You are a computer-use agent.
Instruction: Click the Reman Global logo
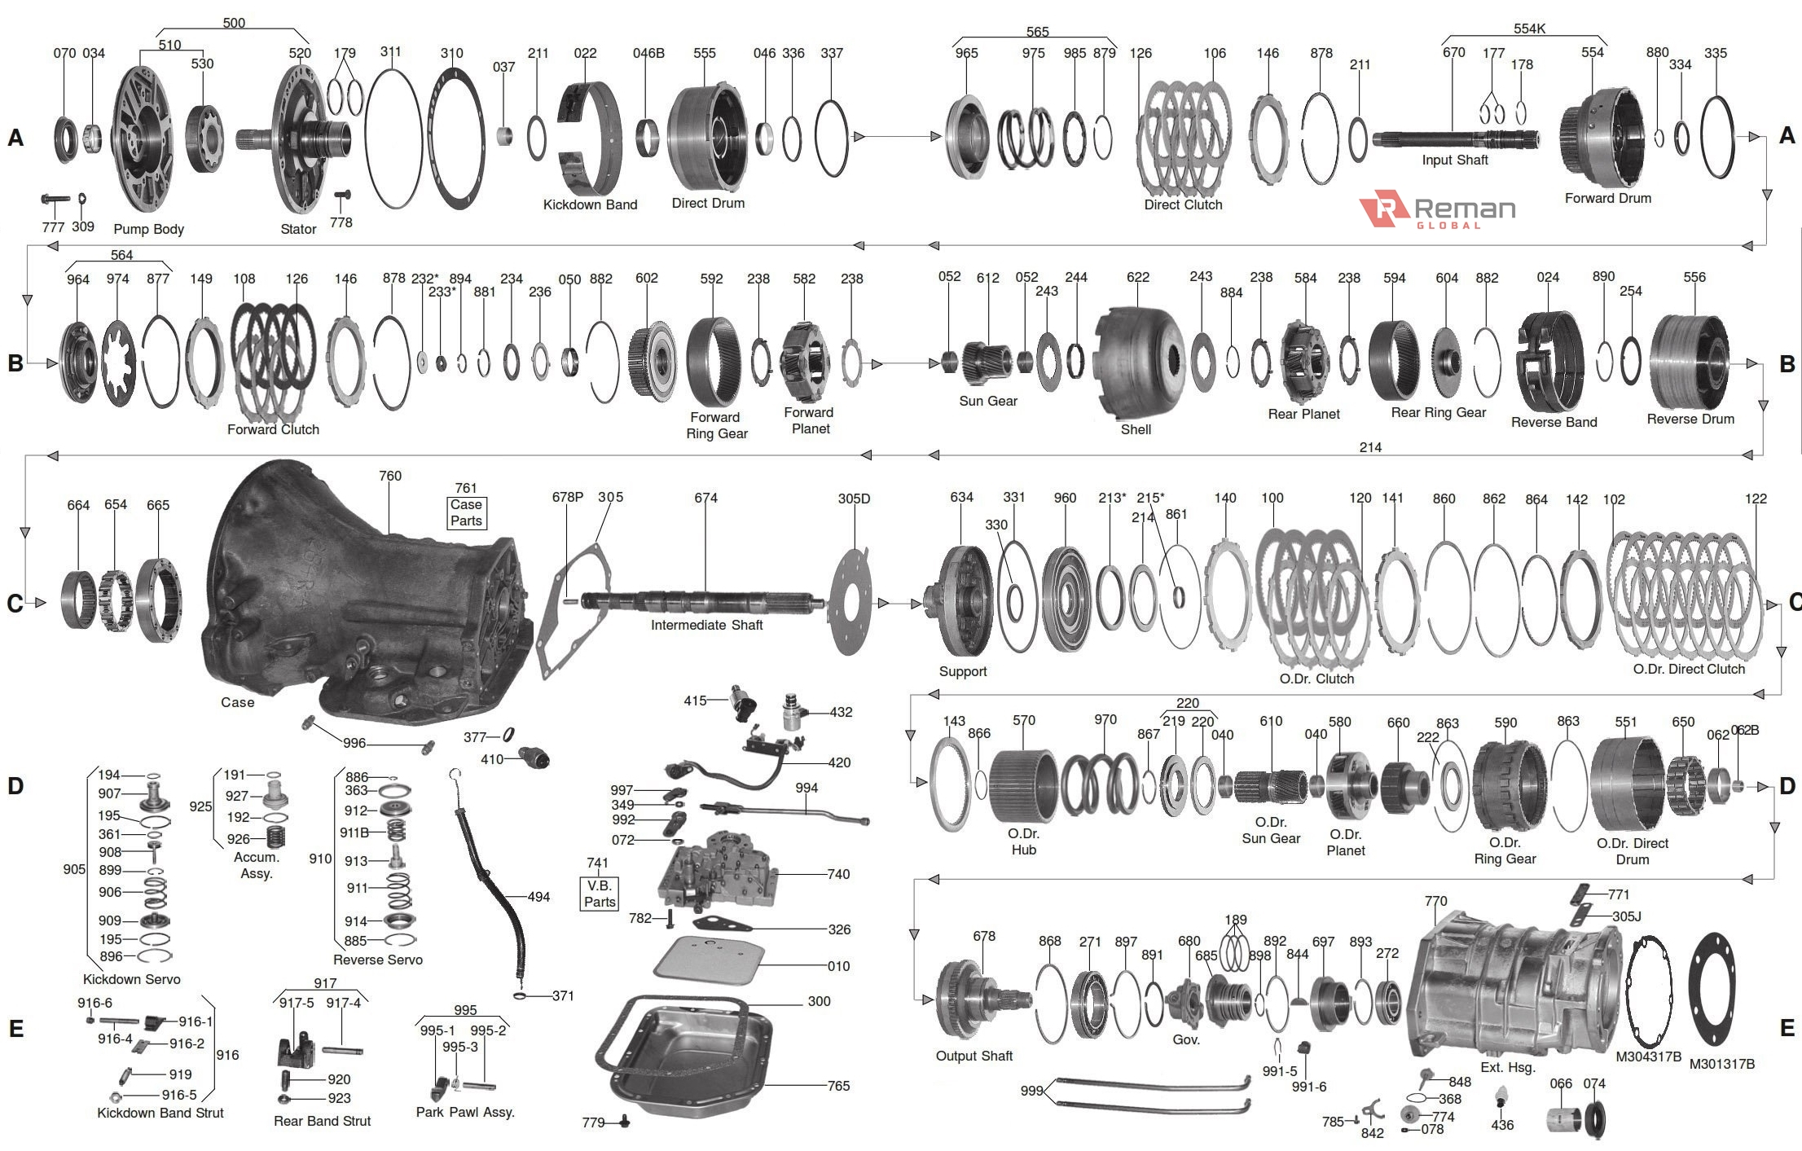coord(1437,211)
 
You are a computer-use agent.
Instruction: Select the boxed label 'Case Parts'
coord(466,512)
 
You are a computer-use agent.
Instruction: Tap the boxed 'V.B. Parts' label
coord(599,894)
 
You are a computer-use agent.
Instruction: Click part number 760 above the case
coord(389,476)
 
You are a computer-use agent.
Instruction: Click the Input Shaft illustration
coord(1454,138)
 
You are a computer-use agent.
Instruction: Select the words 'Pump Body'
coord(148,230)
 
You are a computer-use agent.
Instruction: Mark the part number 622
coord(1137,278)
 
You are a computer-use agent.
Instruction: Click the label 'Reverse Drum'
coord(1690,420)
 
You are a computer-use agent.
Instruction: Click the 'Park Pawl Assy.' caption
coord(465,1113)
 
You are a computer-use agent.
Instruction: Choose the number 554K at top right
coord(1529,29)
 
